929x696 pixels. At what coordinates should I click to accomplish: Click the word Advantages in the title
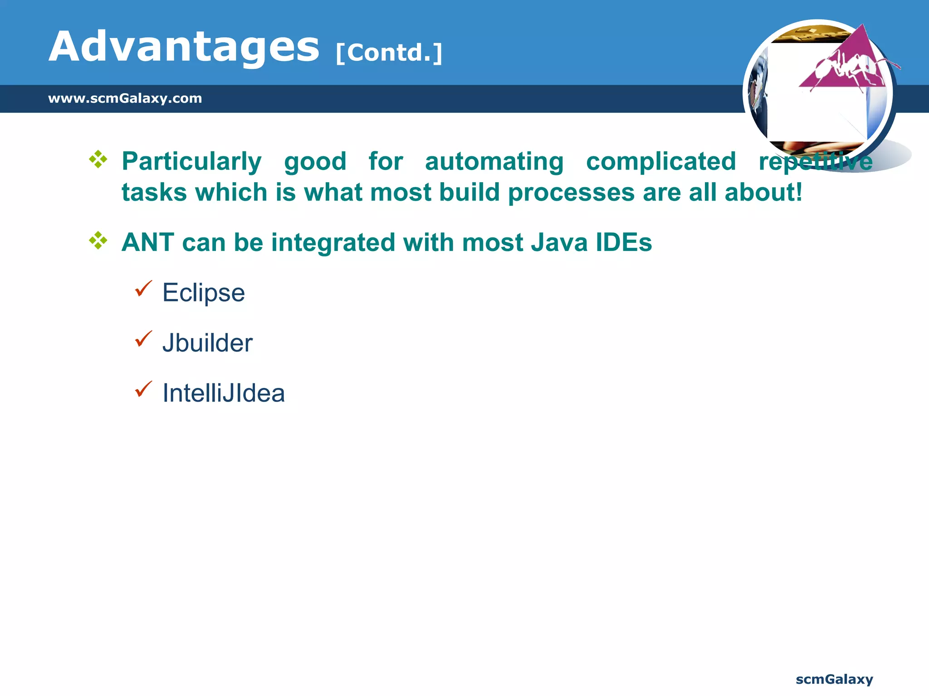pos(184,47)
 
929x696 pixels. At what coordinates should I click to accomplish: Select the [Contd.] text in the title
pos(389,53)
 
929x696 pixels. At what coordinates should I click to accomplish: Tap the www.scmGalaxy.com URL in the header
pos(125,98)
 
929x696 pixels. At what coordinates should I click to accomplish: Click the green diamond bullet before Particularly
pos(98,159)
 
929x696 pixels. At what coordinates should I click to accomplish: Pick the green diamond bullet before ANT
pos(98,240)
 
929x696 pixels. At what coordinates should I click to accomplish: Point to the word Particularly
pos(191,161)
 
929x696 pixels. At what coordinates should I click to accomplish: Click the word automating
pos(494,161)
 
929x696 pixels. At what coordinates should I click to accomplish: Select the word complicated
pos(661,161)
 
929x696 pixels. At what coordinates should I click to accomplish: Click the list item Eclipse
pos(204,293)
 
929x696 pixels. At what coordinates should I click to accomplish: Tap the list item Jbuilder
pos(207,343)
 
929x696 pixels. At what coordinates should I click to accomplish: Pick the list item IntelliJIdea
pos(224,393)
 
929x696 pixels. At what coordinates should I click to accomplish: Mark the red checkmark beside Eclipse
pos(143,289)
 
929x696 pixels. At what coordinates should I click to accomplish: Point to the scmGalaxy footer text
pos(834,679)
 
